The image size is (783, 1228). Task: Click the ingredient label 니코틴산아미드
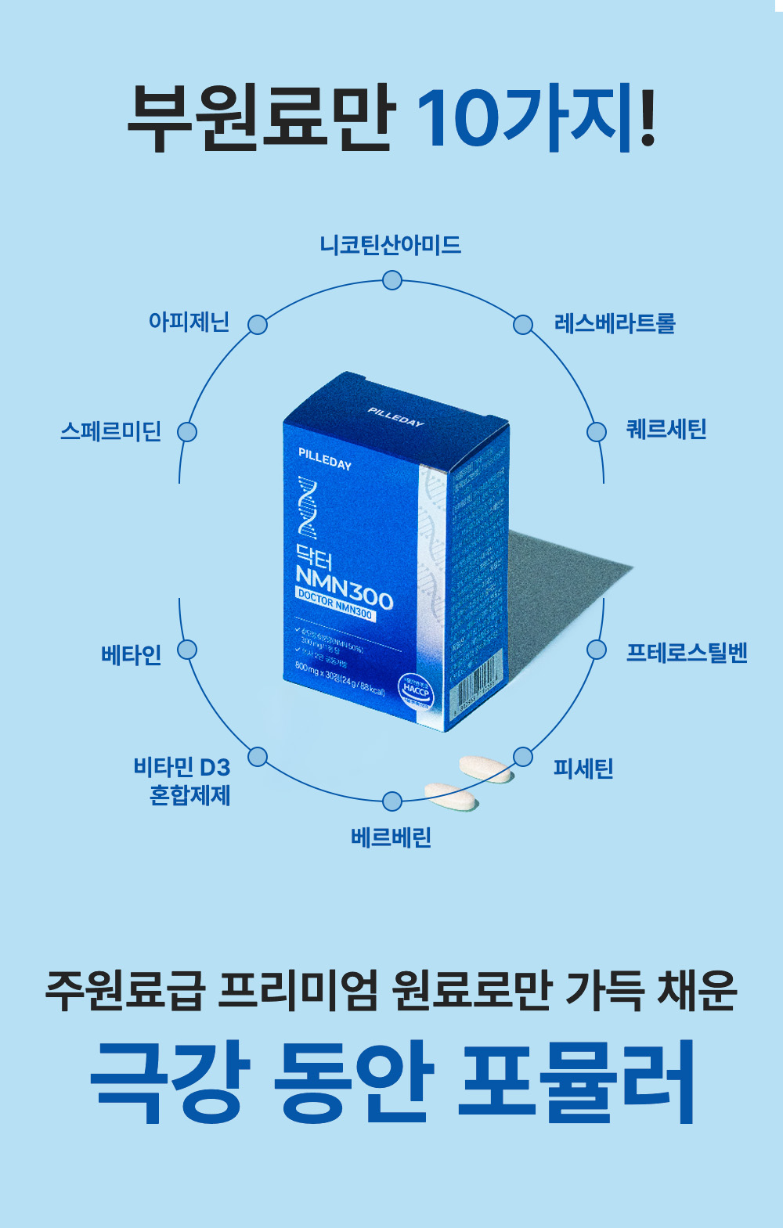point(391,245)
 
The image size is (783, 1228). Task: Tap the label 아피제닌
point(189,322)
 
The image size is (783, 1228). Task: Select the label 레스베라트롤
point(615,323)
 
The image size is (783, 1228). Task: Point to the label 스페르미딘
point(111,431)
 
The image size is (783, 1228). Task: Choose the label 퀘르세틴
point(666,430)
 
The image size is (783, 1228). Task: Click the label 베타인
point(132,654)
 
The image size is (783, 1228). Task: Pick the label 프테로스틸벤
point(687,653)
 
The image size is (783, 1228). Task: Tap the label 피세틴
point(583,769)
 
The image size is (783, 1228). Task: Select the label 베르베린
point(391,837)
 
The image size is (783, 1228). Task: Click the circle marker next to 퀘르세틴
point(597,432)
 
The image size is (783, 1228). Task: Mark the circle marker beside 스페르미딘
point(187,432)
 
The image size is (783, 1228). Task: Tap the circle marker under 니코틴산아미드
point(392,280)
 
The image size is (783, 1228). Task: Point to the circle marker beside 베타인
point(187,650)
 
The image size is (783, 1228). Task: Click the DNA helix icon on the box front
point(307,507)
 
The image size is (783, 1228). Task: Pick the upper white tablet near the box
point(485,768)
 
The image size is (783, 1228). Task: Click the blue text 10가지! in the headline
point(536,120)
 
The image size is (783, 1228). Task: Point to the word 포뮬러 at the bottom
point(576,1082)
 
